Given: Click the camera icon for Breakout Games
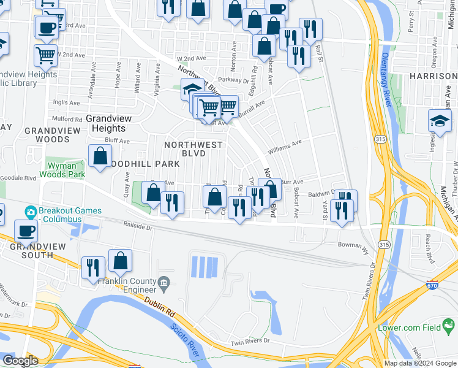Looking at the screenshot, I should (30, 212).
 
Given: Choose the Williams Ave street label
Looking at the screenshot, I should (285, 145).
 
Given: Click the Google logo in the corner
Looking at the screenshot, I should (20, 361).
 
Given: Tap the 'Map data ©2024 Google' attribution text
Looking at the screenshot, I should (420, 363).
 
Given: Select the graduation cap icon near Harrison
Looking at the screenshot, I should (440, 120).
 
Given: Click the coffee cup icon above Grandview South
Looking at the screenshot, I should (26, 231).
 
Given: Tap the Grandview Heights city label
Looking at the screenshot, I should (105, 123).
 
